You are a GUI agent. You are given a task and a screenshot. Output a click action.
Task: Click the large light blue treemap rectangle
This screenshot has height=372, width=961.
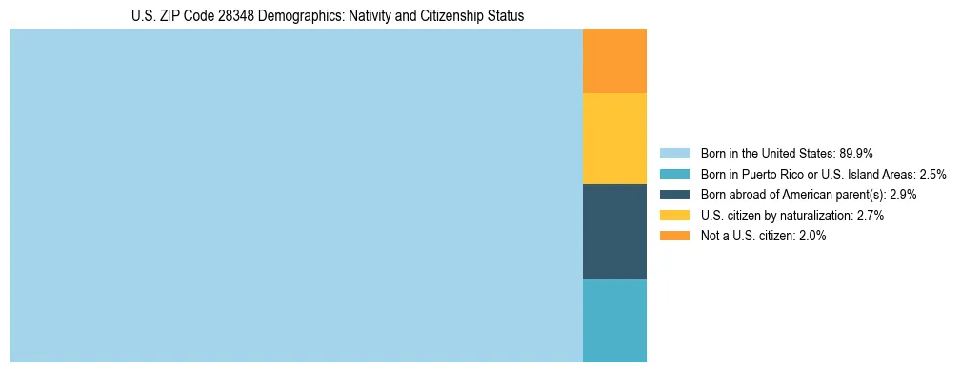pyautogui.click(x=295, y=196)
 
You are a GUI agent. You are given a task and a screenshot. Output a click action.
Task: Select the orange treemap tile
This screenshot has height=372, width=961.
pyautogui.click(x=614, y=61)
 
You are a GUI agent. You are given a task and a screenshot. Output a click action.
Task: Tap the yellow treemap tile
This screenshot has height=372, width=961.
pyautogui.click(x=614, y=138)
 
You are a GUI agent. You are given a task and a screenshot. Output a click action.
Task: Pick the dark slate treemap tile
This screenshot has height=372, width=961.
pyautogui.click(x=614, y=231)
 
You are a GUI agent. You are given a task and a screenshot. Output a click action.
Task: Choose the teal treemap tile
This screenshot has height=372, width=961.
pyautogui.click(x=614, y=320)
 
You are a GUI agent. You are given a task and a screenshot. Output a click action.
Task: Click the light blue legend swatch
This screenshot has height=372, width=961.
pyautogui.click(x=674, y=153)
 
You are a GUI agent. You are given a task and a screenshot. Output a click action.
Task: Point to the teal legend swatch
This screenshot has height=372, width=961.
pyautogui.click(x=674, y=174)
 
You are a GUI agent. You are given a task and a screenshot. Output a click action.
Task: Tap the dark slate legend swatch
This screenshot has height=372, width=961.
pyautogui.click(x=674, y=195)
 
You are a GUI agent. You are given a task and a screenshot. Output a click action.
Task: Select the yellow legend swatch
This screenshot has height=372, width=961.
pyautogui.click(x=674, y=216)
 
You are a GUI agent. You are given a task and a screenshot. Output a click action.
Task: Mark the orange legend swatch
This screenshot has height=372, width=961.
pyautogui.click(x=674, y=237)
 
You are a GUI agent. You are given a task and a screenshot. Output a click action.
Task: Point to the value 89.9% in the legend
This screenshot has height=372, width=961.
pyautogui.click(x=856, y=153)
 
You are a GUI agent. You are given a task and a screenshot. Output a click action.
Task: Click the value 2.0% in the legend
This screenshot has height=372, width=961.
pyautogui.click(x=812, y=237)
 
